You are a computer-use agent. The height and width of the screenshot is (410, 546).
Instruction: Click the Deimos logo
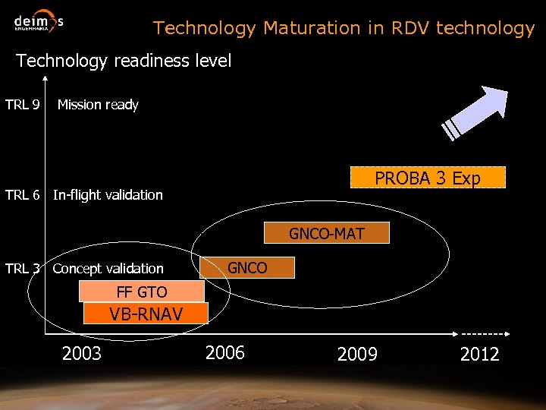tap(38, 24)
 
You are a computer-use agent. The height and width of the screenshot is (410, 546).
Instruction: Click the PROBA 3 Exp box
tap(428, 178)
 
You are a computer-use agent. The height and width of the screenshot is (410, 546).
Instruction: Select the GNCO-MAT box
tap(326, 233)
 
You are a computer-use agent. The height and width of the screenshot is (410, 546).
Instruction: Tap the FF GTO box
tap(142, 292)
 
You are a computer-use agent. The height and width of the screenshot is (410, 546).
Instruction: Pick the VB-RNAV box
tap(146, 314)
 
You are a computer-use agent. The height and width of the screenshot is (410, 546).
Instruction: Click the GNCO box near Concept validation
tap(247, 267)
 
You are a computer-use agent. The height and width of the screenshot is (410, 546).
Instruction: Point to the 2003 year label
tap(82, 353)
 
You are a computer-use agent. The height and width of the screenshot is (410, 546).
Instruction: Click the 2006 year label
tap(225, 352)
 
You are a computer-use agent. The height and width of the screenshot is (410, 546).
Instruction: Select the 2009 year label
tap(357, 354)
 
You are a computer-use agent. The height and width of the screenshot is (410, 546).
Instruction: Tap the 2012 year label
tap(479, 354)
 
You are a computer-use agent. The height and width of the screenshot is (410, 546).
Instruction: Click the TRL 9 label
tap(23, 105)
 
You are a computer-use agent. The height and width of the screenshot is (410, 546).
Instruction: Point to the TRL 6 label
tap(23, 195)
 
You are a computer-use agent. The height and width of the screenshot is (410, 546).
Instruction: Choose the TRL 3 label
tap(23, 268)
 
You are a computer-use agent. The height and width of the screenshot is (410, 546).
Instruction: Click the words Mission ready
tap(98, 105)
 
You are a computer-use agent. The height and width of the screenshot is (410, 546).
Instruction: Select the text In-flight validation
tap(108, 195)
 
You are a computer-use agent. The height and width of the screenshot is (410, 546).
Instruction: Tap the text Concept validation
tap(108, 269)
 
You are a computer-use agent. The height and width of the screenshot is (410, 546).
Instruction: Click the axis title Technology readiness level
tap(124, 61)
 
